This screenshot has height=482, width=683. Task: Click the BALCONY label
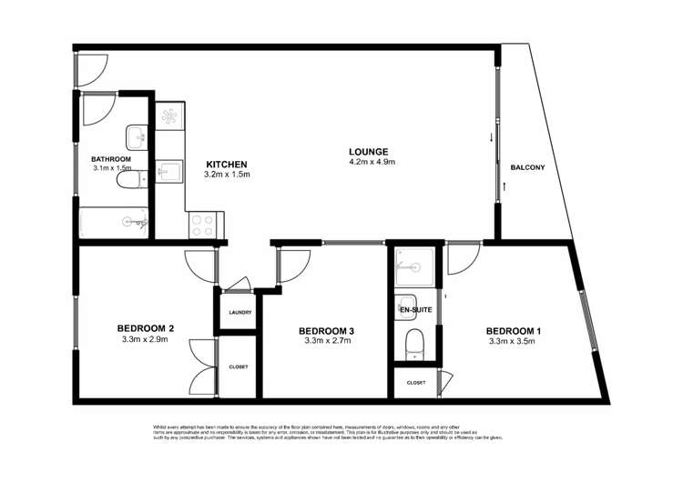pos(528,167)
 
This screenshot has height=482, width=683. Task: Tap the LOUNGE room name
pos(370,151)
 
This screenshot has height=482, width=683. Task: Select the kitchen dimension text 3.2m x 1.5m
pos(227,174)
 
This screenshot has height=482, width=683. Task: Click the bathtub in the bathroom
pos(113,222)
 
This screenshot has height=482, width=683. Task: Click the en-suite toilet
pos(414,345)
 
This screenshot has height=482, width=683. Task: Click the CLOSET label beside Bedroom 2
pos(239,367)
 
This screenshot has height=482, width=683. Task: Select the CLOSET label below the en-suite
pos(415,383)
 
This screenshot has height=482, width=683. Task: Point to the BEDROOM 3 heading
pos(325,330)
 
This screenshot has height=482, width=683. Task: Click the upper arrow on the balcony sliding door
pos(493,138)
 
